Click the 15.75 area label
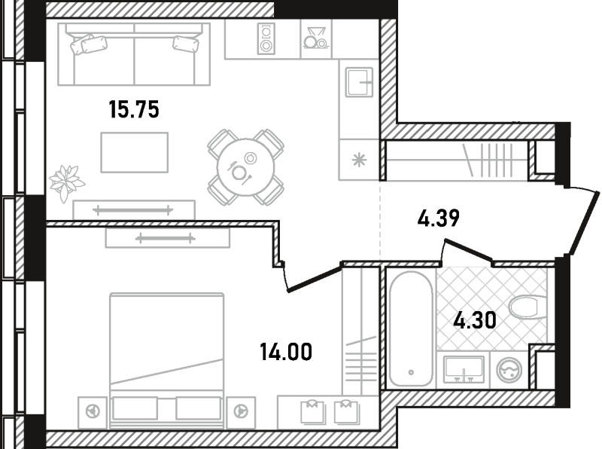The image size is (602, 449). pyautogui.click(x=134, y=109)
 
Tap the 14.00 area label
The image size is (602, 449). pyautogui.click(x=286, y=352)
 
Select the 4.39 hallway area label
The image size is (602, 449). pyautogui.click(x=439, y=218)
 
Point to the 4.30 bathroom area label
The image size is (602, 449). pyautogui.click(x=475, y=320)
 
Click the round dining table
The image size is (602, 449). pyautogui.click(x=246, y=167)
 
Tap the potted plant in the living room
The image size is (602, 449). pyautogui.click(x=66, y=183)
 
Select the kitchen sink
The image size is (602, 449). pyautogui.click(x=360, y=82)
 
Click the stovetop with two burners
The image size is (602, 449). pyautogui.click(x=266, y=39)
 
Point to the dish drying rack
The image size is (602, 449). pyautogui.click(x=316, y=38)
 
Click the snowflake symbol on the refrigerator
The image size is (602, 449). pyautogui.click(x=360, y=160)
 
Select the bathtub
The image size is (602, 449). pyautogui.click(x=411, y=328)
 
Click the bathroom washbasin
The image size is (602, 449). pyautogui.click(x=464, y=369)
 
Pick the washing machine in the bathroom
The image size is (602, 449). pyautogui.click(x=509, y=370)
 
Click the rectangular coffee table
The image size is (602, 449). pyautogui.click(x=135, y=153)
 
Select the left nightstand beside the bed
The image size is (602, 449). pyautogui.click(x=93, y=413)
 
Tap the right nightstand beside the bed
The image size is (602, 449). pyautogui.click(x=241, y=413)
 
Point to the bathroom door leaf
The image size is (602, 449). pyautogui.click(x=468, y=249)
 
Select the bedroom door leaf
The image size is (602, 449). pyautogui.click(x=315, y=279)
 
